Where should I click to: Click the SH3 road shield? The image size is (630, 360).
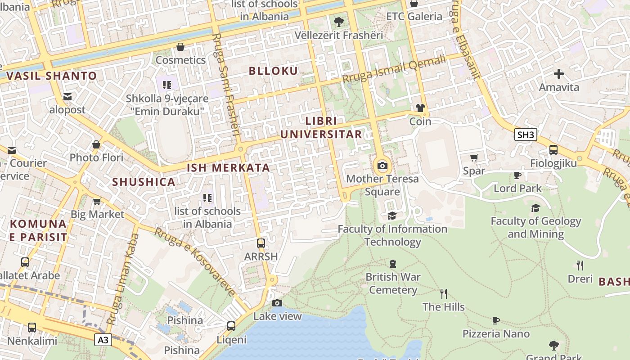(x=526, y=135)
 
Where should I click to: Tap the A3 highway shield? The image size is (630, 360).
(x=103, y=340)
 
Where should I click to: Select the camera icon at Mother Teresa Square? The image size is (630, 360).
(x=382, y=166)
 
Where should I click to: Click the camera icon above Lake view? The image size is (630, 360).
(x=277, y=303)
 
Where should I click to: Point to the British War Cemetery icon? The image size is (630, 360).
(x=393, y=263)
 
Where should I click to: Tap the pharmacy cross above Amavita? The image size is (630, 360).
(x=559, y=73)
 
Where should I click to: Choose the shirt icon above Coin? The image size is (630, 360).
(x=420, y=108)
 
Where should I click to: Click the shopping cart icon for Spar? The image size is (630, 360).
(x=474, y=157)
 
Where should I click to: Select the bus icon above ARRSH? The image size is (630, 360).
(x=261, y=243)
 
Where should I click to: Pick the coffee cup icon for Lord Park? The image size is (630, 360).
(x=517, y=175)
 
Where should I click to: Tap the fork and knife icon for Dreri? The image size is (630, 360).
(x=580, y=265)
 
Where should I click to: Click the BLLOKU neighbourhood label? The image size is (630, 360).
(x=273, y=71)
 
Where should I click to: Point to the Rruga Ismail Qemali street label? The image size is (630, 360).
(x=394, y=69)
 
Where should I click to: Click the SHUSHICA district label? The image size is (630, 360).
(x=144, y=182)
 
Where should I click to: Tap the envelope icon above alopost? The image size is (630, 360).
(x=67, y=97)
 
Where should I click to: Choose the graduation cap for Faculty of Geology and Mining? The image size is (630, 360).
(x=535, y=208)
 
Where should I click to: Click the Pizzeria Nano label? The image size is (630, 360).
(x=496, y=334)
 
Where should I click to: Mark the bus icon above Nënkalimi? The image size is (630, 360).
(x=32, y=327)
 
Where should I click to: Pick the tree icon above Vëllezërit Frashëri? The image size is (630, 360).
(x=338, y=22)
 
